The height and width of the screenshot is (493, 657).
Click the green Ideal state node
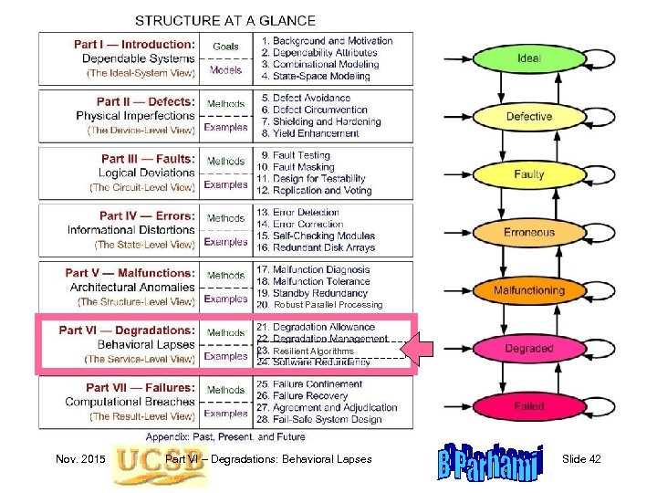(x=528, y=58)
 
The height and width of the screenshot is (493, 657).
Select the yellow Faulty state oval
(x=528, y=173)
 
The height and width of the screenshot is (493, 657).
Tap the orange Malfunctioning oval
(x=528, y=290)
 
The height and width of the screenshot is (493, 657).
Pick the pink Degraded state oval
(x=528, y=349)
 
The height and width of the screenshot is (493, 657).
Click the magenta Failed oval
(x=528, y=406)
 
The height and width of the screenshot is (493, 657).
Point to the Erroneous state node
(x=528, y=232)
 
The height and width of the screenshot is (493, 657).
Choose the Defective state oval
(x=528, y=116)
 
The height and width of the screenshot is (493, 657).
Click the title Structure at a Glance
(x=225, y=20)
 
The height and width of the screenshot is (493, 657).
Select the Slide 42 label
(x=582, y=459)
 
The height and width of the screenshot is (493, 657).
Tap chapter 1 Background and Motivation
(x=327, y=41)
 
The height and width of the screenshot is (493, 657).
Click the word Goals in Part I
(x=225, y=47)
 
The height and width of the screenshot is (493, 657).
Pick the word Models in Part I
(x=225, y=69)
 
